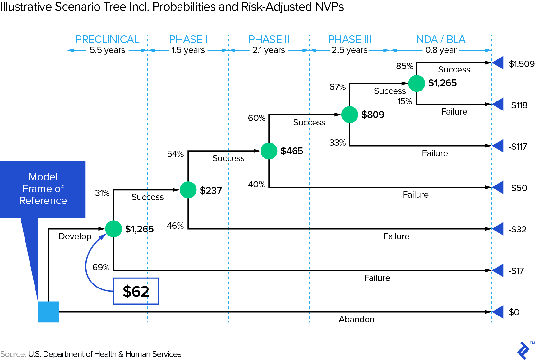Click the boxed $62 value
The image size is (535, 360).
pyautogui.click(x=136, y=291)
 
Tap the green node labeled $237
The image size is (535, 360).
pyautogui.click(x=188, y=190)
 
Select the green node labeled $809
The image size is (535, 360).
pyautogui.click(x=350, y=115)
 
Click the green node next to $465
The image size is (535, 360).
pyautogui.click(x=269, y=151)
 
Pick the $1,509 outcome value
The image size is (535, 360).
pyautogui.click(x=521, y=64)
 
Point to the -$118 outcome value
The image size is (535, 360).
pyautogui.click(x=518, y=105)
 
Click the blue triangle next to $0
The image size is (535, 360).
pyautogui.click(x=498, y=312)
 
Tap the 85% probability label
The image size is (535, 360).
pyautogui.click(x=404, y=66)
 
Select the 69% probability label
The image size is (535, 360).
pyautogui.click(x=101, y=267)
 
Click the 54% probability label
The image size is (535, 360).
pyautogui.click(x=175, y=154)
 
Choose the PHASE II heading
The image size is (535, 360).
pyautogui.click(x=269, y=40)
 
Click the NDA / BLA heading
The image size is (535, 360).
pyautogui.click(x=441, y=40)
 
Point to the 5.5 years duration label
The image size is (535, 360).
pyautogui.click(x=107, y=50)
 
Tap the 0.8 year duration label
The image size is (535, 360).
pyautogui.click(x=441, y=50)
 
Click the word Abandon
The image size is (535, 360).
pyautogui.click(x=357, y=319)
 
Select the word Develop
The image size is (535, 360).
pyautogui.click(x=75, y=236)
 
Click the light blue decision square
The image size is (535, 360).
pyautogui.click(x=48, y=312)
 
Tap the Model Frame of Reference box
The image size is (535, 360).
pyautogui.click(x=43, y=189)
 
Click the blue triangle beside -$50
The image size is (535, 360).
pyautogui.click(x=498, y=187)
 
